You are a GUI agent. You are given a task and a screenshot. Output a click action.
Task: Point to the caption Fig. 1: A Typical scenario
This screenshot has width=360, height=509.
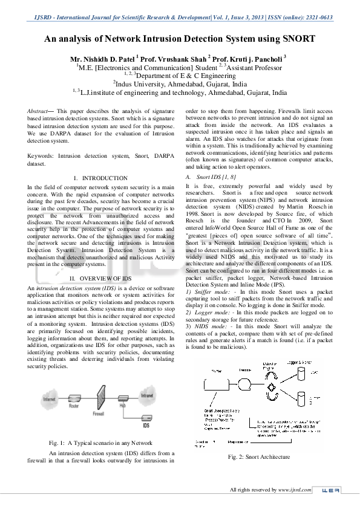[x=100, y=443]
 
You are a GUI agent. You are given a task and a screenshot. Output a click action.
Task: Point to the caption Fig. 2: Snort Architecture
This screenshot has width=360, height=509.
[x=259, y=457]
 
